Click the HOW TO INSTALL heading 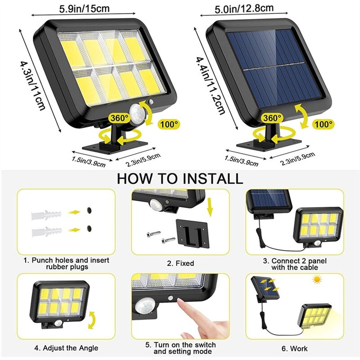(x=180, y=178)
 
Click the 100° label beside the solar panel (x=323, y=123)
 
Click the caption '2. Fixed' (x=180, y=263)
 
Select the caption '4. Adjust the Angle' (x=67, y=348)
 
